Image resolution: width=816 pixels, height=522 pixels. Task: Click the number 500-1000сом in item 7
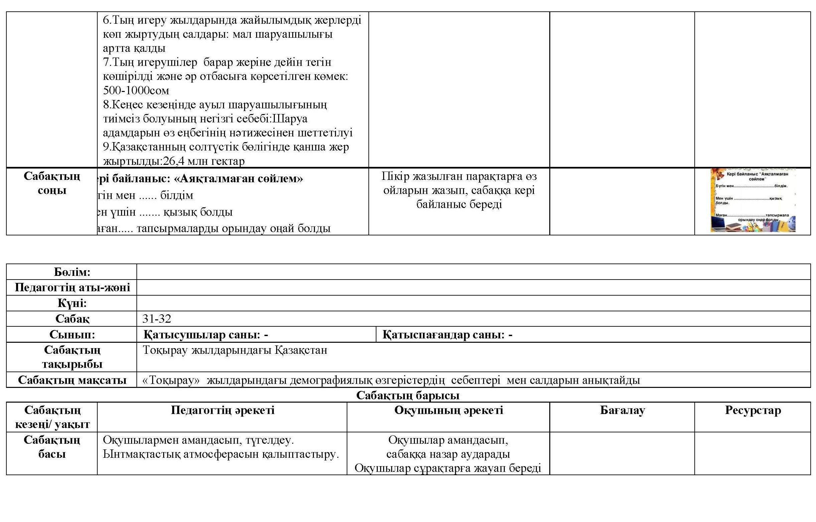(136, 91)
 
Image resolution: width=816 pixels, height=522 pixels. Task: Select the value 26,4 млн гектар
(204, 161)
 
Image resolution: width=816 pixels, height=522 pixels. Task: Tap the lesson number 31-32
(156, 319)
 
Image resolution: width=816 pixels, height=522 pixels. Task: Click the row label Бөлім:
(72, 272)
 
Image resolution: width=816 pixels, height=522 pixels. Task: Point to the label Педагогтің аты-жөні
(72, 288)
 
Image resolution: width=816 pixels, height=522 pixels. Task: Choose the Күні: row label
(72, 303)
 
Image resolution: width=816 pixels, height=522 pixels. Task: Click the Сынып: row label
(72, 334)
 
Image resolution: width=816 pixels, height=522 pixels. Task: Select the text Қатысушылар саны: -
(206, 334)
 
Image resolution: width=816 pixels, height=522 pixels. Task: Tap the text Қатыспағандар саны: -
(447, 334)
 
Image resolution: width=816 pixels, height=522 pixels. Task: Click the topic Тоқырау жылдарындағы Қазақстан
(235, 350)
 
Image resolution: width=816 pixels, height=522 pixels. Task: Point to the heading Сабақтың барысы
(407, 395)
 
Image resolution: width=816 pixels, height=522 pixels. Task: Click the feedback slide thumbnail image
(753, 201)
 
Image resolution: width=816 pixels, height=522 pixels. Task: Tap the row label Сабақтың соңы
(52, 183)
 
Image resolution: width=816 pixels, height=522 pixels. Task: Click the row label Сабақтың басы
(52, 447)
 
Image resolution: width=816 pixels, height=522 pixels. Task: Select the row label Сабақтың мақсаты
(72, 380)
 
